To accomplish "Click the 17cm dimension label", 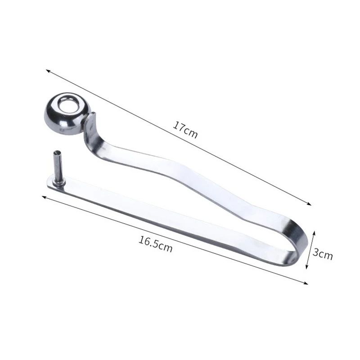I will pos(185,130).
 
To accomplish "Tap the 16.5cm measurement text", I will pos(156,244).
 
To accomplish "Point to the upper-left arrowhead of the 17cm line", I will pos(48,71).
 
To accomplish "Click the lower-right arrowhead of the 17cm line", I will pos(310,204).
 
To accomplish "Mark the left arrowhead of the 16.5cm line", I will pos(43,197).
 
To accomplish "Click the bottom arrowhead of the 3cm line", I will pos(307,267).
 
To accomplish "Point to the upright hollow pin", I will pos(58,166).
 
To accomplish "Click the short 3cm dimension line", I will pos(310,250).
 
